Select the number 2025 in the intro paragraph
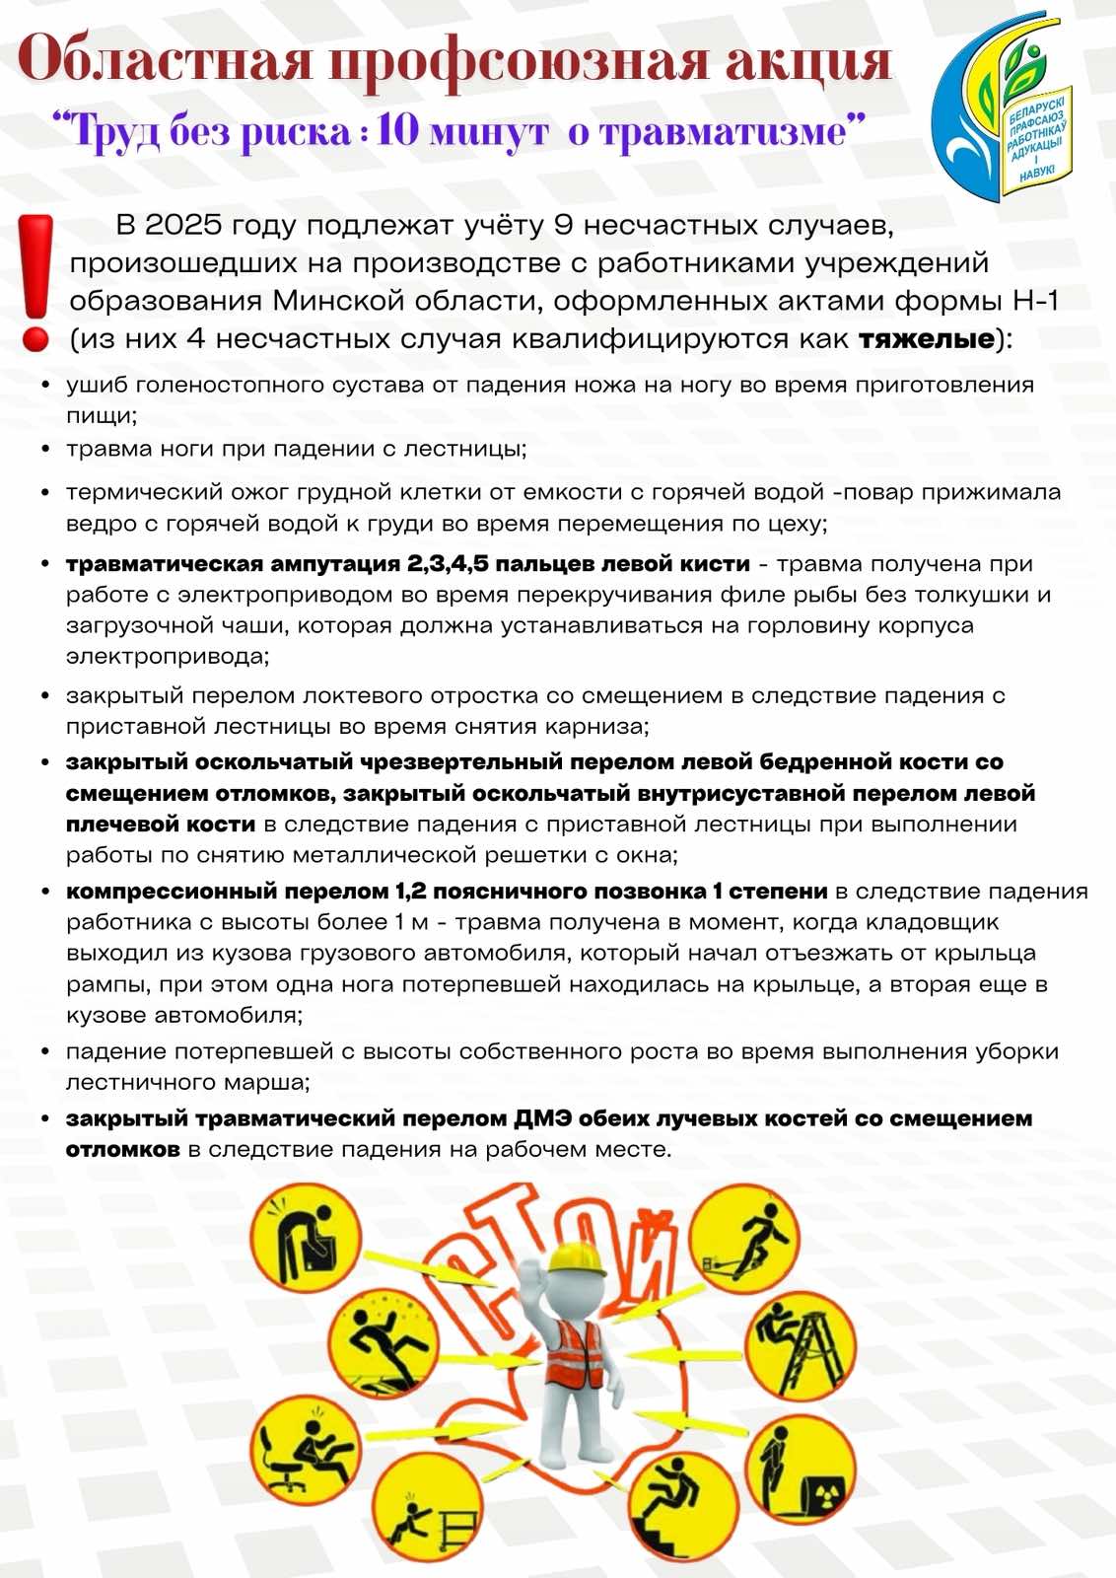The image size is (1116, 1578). click(183, 225)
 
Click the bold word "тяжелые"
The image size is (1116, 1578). click(926, 339)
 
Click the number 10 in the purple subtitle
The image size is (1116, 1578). click(397, 131)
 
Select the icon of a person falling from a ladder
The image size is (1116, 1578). click(800, 1346)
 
